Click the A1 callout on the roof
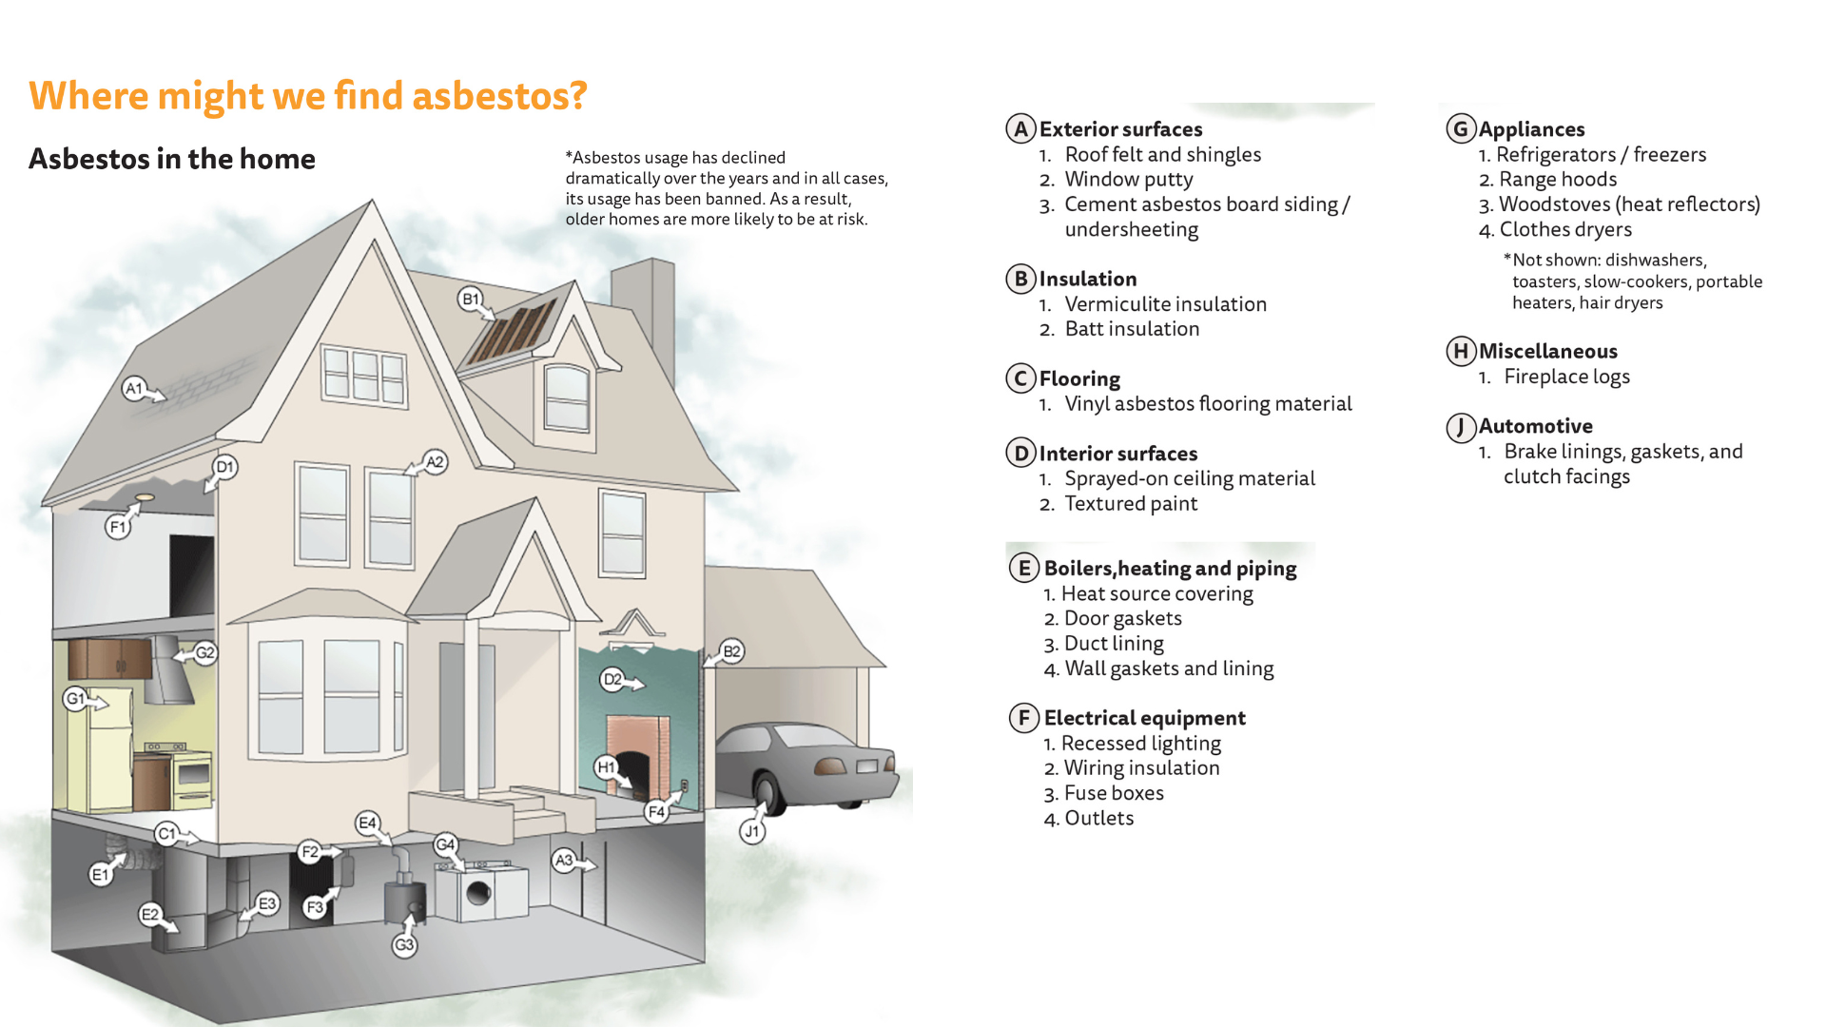click(x=134, y=388)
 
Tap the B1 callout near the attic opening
click(x=470, y=299)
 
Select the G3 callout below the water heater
click(x=404, y=945)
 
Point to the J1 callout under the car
click(x=751, y=831)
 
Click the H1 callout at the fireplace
click(x=606, y=767)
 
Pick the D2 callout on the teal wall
click(x=613, y=679)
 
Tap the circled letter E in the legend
click(x=1023, y=569)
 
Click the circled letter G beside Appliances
click(x=1461, y=128)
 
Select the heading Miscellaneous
click(x=1547, y=351)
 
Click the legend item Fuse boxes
click(x=1113, y=793)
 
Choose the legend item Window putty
click(x=1128, y=180)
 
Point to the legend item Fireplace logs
click(x=1566, y=377)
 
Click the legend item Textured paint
click(x=1130, y=504)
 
